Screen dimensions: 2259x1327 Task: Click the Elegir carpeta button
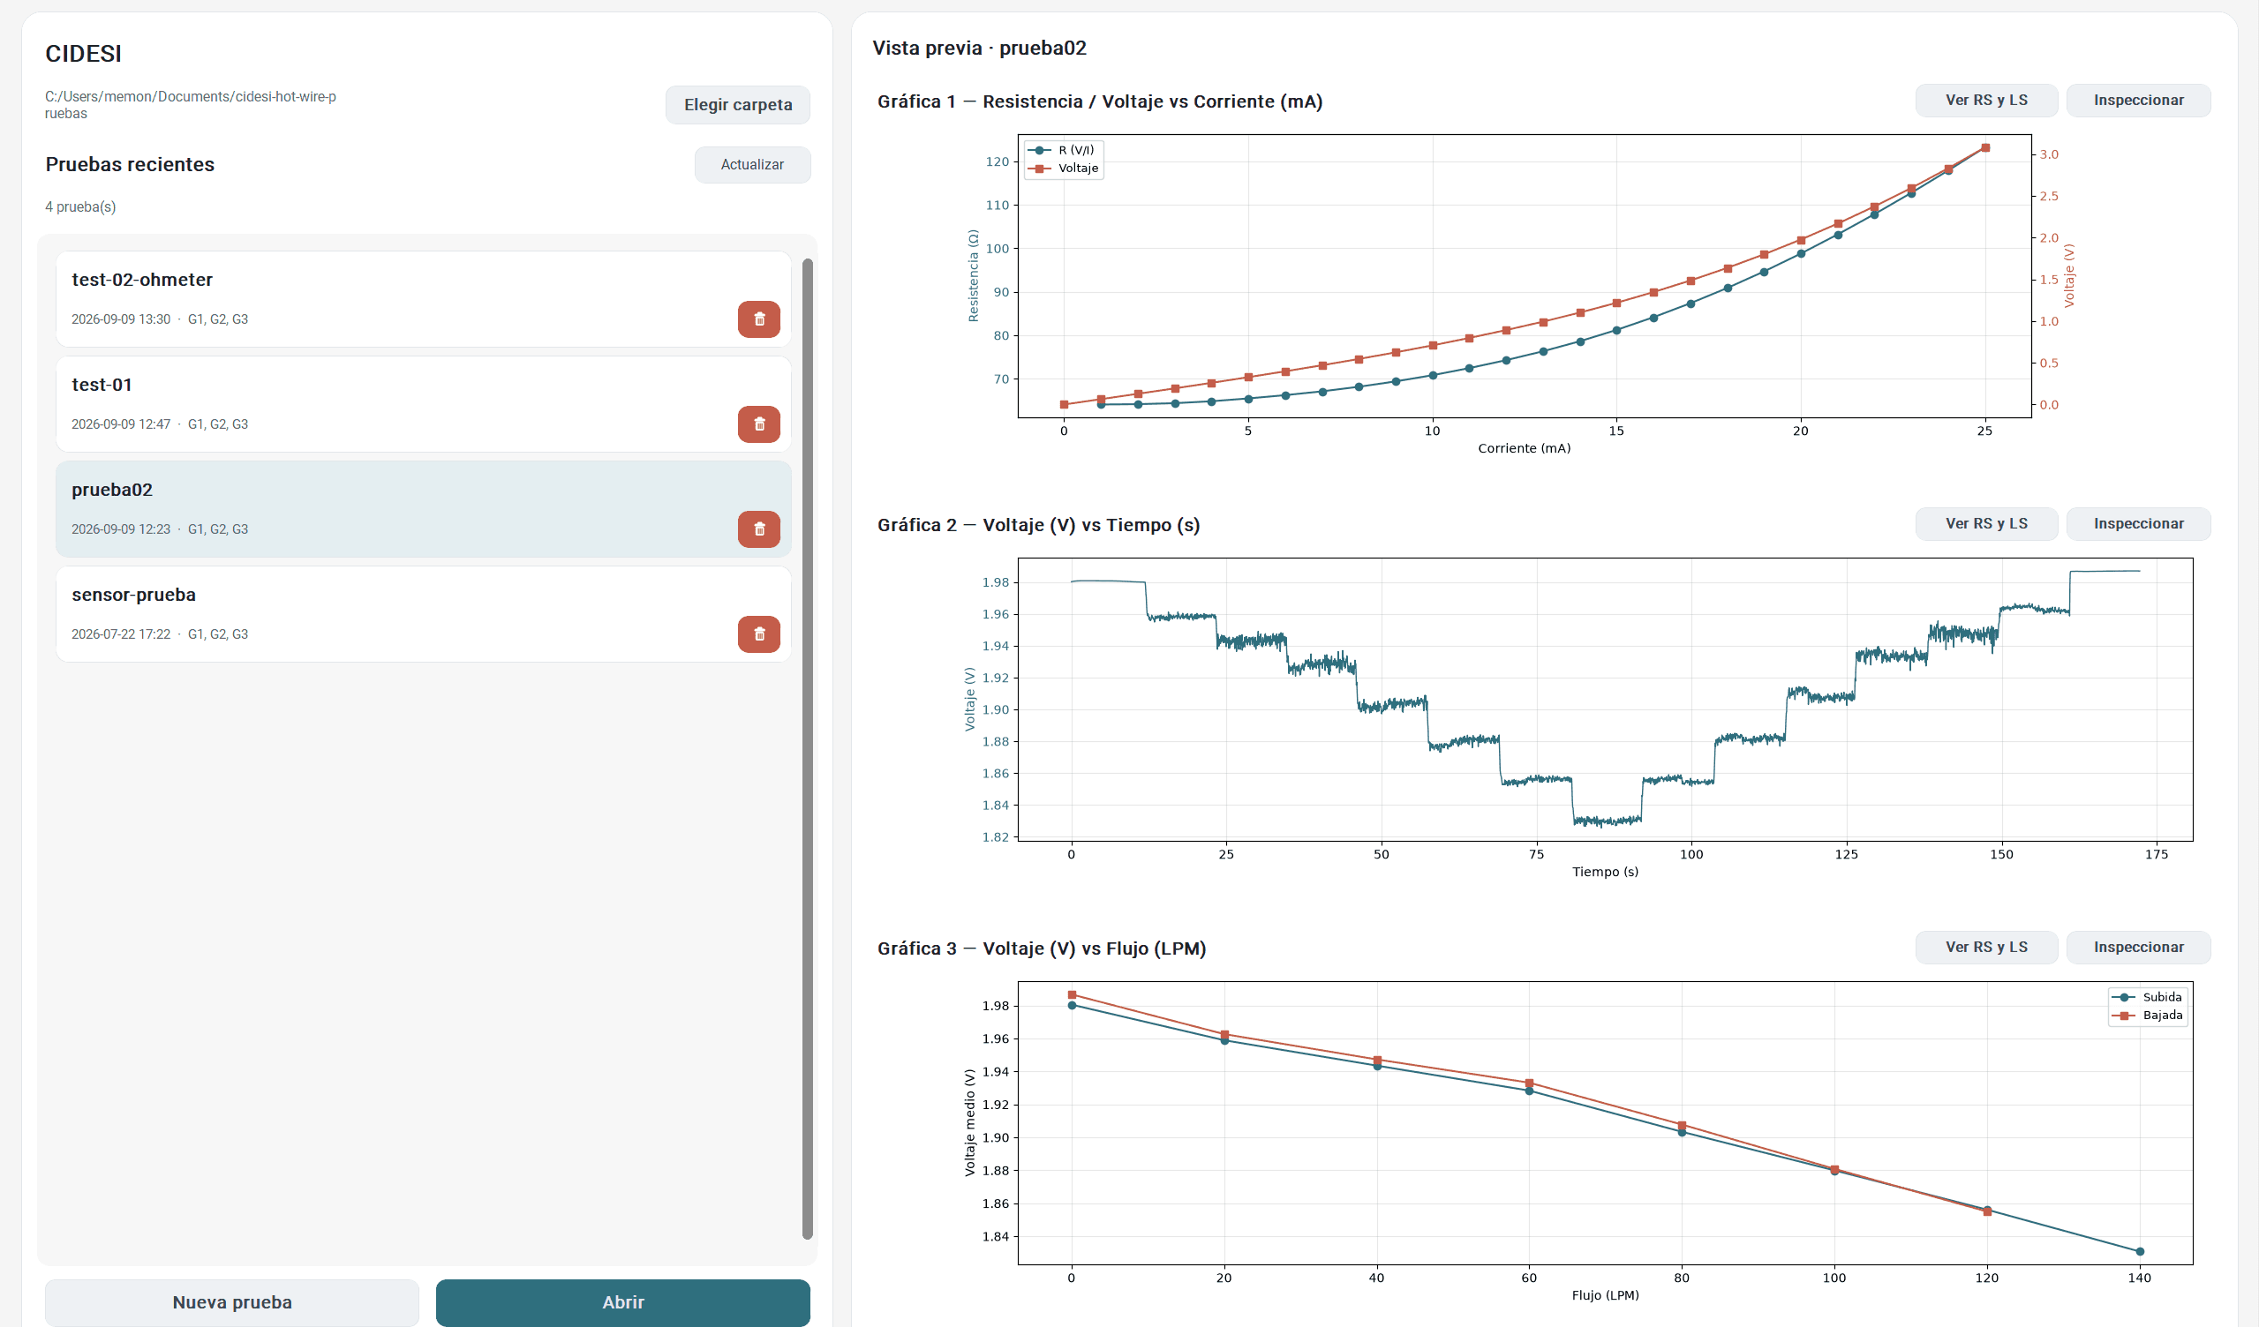[737, 105]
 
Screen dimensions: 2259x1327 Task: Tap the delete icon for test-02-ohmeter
[758, 319]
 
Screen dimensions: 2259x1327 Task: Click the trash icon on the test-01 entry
[758, 424]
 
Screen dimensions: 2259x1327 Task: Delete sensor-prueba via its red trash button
[758, 634]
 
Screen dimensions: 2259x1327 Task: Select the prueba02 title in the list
[112, 489]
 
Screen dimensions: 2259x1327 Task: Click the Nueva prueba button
[232, 1302]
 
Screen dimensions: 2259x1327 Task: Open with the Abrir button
[623, 1302]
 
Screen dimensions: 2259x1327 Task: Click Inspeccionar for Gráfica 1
[2138, 101]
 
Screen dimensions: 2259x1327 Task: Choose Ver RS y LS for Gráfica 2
[1986, 523]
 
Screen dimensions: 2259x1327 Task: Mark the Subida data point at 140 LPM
[2140, 1252]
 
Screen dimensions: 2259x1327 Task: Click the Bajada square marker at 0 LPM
[1073, 994]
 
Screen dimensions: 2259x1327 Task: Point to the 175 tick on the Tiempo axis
[2156, 855]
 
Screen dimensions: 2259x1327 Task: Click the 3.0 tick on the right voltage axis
[2049, 154]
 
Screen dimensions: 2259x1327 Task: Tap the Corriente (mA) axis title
[1524, 448]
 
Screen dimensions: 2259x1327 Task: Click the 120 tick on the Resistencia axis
[997, 162]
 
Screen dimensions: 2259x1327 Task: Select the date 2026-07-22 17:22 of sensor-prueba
[121, 634]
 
